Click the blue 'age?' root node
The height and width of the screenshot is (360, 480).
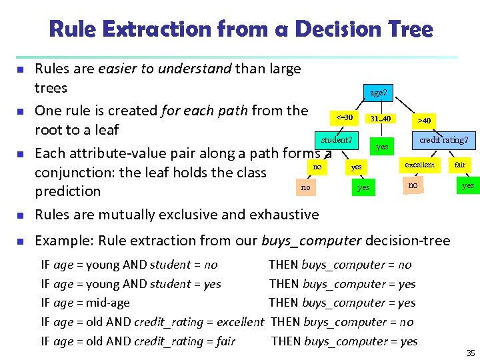click(378, 93)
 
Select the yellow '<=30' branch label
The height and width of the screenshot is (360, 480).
click(345, 118)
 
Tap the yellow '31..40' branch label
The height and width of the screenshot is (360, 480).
click(381, 119)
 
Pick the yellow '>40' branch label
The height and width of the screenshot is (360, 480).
click(424, 121)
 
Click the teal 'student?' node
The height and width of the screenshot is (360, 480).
click(337, 140)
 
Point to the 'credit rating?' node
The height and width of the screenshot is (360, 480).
click(443, 140)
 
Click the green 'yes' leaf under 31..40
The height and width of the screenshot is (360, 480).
click(382, 147)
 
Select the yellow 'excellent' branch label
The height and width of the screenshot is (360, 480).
click(419, 165)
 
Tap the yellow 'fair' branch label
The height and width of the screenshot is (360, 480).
click(460, 165)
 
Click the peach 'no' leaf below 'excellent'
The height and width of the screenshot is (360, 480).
click(413, 185)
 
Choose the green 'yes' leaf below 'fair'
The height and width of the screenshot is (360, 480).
click(468, 185)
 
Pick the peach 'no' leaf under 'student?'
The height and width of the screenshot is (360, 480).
click(305, 187)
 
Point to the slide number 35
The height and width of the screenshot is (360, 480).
click(470, 353)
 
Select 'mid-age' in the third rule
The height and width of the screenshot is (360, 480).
click(108, 303)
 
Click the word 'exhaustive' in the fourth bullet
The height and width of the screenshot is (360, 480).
click(283, 215)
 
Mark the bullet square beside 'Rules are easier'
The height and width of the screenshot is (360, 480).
click(21, 69)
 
